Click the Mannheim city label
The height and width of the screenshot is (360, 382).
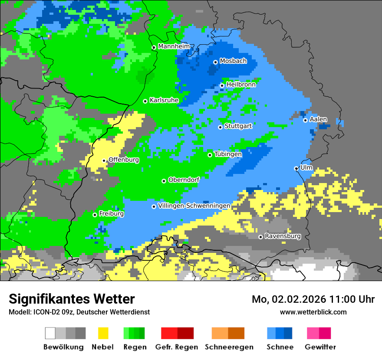[174, 46]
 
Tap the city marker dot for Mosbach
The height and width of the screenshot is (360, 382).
[215, 62]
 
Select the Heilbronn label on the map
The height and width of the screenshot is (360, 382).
[241, 85]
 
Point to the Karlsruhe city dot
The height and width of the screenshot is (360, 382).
[145, 101]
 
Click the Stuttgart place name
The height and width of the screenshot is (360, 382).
[238, 126]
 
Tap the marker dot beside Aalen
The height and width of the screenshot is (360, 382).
[306, 120]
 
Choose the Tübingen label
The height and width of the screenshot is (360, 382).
[228, 154]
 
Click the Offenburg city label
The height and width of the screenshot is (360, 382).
[124, 160]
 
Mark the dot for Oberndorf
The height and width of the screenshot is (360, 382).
[164, 181]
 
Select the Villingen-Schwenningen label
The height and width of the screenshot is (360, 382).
[194, 206]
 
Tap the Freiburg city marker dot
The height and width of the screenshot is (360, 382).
[95, 215]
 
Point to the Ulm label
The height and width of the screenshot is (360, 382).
[306, 167]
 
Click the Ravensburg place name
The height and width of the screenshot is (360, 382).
[283, 236]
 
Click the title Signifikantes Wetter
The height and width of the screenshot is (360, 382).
[72, 299]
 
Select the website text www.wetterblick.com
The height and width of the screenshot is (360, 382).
[313, 312]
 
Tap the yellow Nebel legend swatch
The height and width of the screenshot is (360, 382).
[103, 333]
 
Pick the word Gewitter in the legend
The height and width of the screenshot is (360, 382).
[320, 347]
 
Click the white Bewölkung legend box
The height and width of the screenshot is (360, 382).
[50, 333]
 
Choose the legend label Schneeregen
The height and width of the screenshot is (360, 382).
[228, 347]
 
